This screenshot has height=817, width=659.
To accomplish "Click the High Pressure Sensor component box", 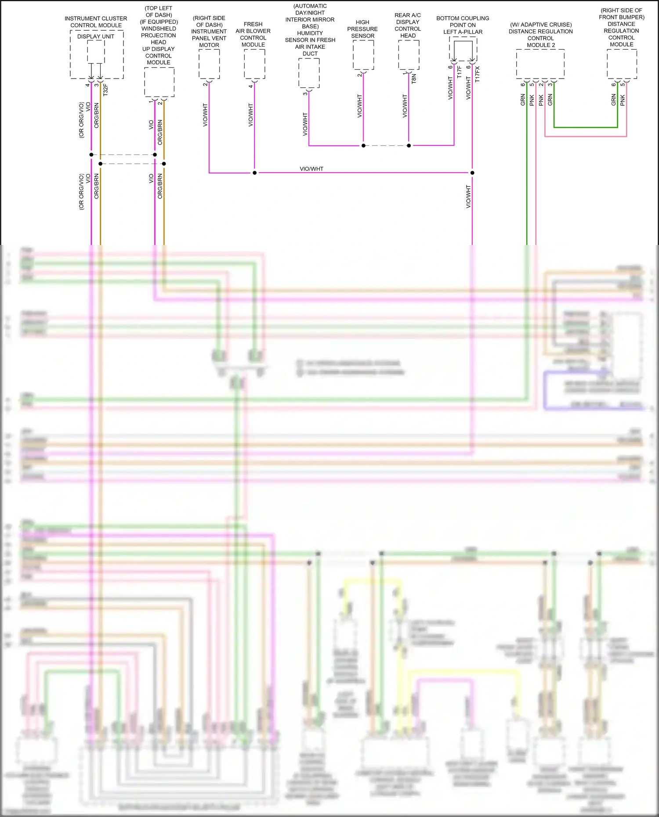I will [363, 55].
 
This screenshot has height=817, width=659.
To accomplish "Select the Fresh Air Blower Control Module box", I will [254, 64].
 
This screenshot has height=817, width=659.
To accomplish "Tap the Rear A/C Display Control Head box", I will [409, 55].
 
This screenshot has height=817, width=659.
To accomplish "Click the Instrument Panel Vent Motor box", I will [209, 64].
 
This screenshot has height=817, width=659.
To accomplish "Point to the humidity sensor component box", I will [309, 73].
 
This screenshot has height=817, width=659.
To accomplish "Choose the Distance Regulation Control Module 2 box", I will [540, 64].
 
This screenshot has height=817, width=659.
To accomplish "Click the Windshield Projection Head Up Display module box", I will [159, 82].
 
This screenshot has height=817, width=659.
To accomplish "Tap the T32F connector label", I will [105, 90].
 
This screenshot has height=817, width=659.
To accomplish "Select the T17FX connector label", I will [478, 75].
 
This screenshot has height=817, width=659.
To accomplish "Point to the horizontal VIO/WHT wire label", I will [311, 169].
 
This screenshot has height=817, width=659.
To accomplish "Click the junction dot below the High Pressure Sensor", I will [363, 145].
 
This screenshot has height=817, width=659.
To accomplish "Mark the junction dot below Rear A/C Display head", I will [409, 145].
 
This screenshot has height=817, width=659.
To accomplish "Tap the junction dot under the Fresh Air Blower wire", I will [254, 173].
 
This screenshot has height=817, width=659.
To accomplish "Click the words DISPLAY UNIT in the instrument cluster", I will [96, 36].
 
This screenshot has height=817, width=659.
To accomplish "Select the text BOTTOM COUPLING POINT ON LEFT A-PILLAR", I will [463, 25].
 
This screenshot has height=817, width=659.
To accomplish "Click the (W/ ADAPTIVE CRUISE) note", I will [541, 25].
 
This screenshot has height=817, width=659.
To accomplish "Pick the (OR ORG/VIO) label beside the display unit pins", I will [81, 120].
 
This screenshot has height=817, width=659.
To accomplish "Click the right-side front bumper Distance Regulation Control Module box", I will [622, 64].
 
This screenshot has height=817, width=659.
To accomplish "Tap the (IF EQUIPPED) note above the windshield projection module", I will [159, 22].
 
